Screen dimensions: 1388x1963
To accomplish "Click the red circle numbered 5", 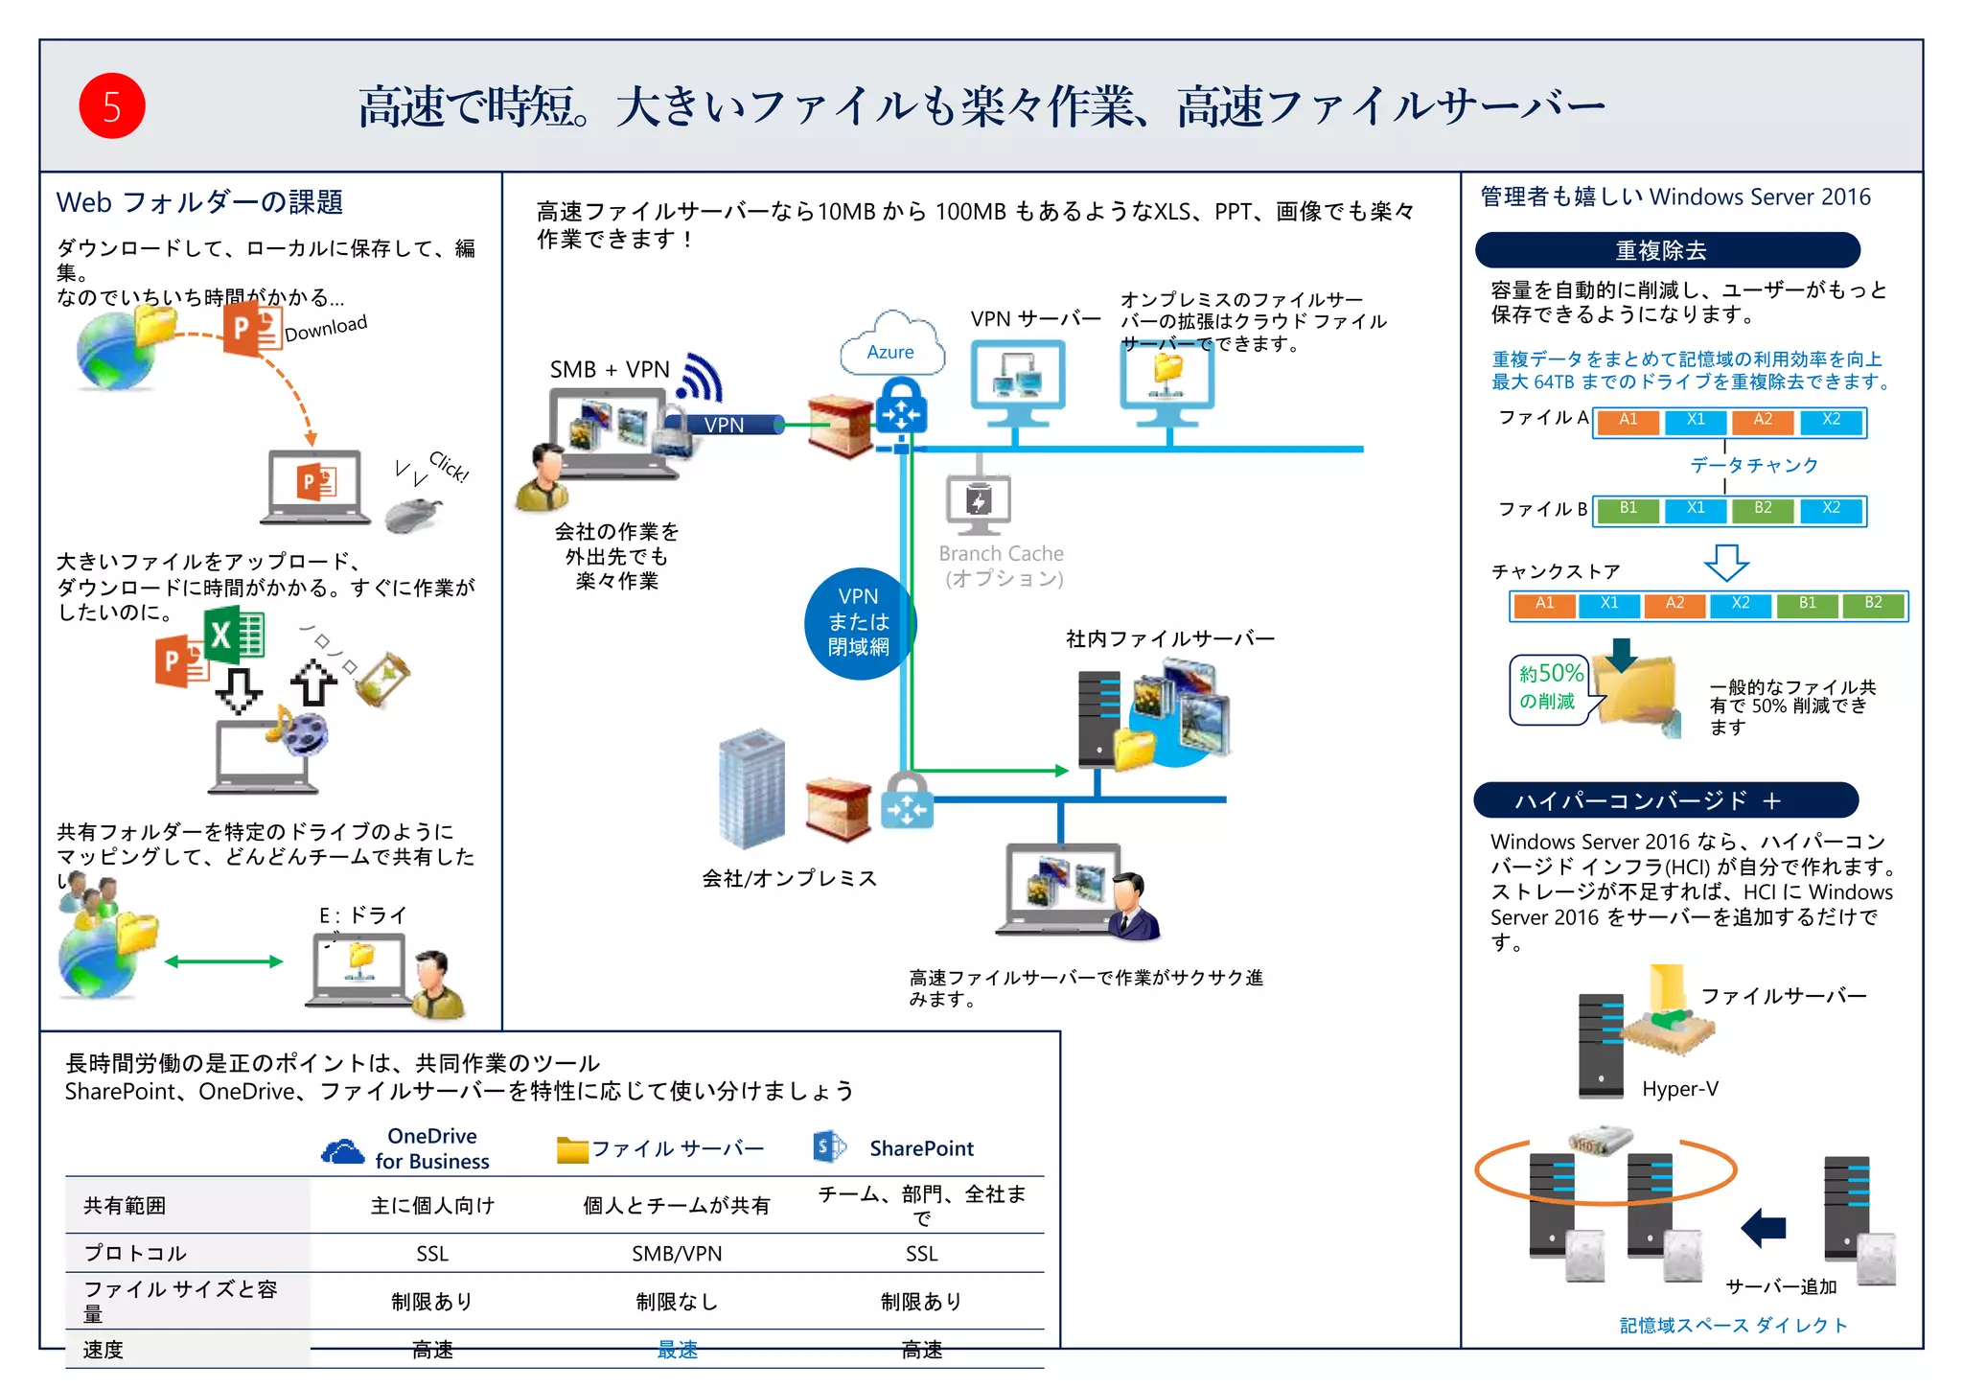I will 111,106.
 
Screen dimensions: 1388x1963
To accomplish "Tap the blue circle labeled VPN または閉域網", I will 859,623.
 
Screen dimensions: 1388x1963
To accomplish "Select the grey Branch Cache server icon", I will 978,504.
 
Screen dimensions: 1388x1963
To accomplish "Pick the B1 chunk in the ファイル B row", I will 1628,509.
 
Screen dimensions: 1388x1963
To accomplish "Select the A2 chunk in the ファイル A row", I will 1762,421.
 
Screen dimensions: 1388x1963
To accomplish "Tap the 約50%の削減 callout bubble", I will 1548,688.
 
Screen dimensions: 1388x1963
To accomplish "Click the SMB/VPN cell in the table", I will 677,1254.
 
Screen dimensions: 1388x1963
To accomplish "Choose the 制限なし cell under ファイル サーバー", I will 677,1302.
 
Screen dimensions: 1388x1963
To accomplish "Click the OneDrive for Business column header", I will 410,1148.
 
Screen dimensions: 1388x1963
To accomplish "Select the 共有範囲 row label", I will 125,1206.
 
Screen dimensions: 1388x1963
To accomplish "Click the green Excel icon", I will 234,635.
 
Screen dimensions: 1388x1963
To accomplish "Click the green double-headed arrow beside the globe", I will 223,961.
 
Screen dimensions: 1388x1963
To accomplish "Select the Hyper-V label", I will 1679,1089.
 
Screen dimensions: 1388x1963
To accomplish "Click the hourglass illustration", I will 383,679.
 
